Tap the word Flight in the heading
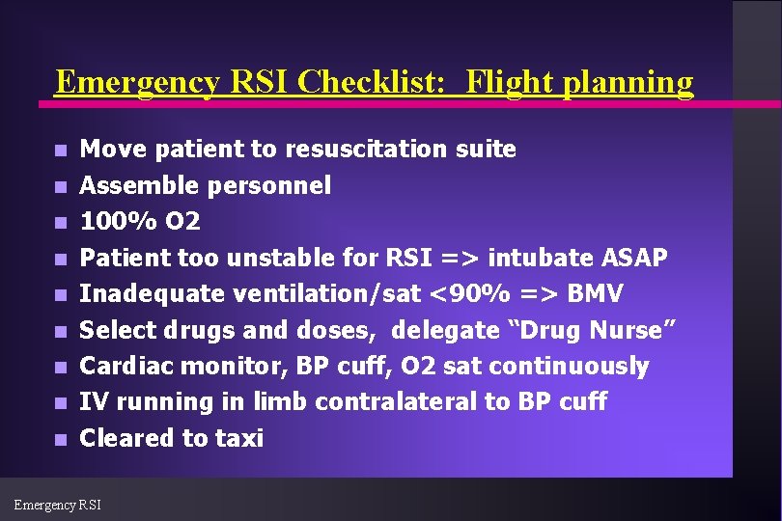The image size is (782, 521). tap(505, 83)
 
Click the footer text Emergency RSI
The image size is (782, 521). tap(57, 504)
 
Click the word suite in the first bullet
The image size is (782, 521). tap(488, 150)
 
